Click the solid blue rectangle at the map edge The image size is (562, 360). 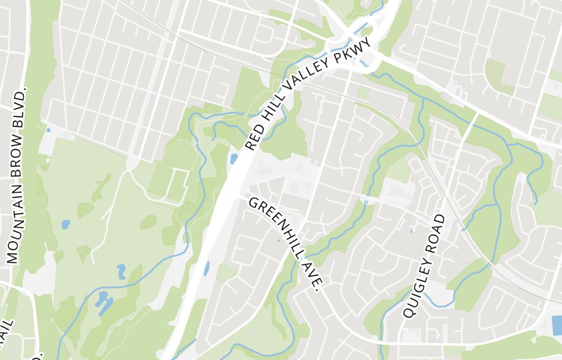pyautogui.click(x=556, y=325)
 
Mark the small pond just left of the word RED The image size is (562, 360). pyautogui.click(x=234, y=159)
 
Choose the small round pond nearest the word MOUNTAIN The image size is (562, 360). pyautogui.click(x=66, y=224)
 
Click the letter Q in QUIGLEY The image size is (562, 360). pyautogui.click(x=407, y=312)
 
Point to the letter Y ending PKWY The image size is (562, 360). pyautogui.click(x=369, y=42)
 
